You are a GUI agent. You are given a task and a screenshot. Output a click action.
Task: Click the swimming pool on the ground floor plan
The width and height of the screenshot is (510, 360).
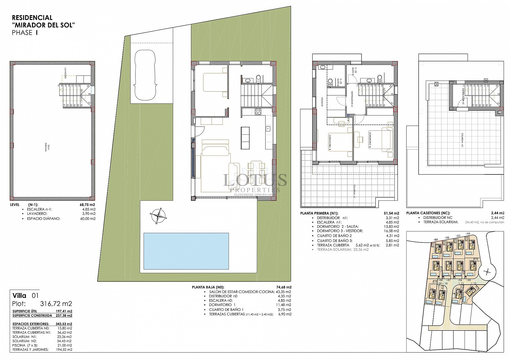point(186,251)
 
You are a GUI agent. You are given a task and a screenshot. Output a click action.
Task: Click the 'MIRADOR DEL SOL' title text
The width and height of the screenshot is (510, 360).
point(44,25)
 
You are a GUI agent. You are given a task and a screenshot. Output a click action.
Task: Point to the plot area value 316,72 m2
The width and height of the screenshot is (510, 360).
point(56,304)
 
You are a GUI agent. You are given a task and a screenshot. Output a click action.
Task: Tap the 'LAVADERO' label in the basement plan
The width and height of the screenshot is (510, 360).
point(65,74)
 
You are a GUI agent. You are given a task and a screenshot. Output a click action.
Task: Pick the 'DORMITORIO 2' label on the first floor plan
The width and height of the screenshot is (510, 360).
point(369,139)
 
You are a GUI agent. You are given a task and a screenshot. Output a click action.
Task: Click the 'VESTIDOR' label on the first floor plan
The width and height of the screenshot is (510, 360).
point(322,101)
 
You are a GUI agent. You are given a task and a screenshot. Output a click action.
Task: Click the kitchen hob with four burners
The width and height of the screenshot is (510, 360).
point(257,112)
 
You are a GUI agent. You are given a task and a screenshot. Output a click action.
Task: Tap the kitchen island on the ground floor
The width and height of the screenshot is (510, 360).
point(245,138)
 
